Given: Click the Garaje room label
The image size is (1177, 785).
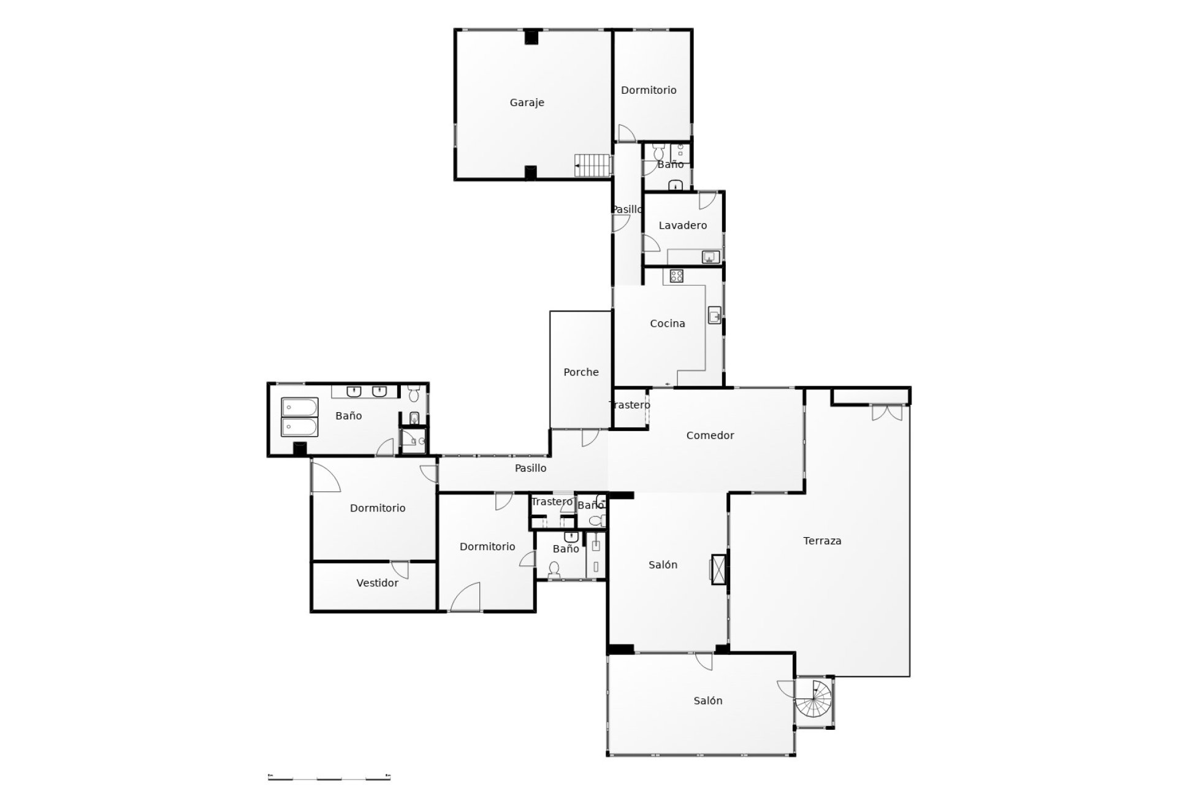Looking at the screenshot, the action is [527, 103].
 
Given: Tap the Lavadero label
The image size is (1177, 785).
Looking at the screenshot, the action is [682, 226].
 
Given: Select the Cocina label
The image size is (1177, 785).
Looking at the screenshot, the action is [668, 324].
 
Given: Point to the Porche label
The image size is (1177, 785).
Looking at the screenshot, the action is [581, 372].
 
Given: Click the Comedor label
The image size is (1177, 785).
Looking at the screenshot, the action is [710, 435].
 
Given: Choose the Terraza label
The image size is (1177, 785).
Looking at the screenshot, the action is [822, 541].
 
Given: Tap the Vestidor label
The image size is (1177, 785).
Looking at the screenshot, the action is [378, 583].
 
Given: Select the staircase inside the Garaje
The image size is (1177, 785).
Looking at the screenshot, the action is [593, 165].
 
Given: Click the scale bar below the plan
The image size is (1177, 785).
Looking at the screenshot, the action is [329, 777].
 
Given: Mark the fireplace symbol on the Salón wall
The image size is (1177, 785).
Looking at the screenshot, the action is [718, 569].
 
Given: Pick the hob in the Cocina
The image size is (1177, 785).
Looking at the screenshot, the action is [677, 277].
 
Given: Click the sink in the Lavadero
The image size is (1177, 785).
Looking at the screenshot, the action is [711, 257].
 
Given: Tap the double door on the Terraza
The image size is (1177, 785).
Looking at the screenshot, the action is [887, 412].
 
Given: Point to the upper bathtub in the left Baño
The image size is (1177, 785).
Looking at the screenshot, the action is [300, 407].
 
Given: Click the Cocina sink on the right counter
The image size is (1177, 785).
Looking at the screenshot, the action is [715, 315].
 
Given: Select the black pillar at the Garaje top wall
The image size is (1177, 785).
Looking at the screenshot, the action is [531, 37].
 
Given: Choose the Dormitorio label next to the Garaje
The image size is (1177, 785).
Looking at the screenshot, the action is [649, 90].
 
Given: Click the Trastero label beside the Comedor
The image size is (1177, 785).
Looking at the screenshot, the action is [630, 405].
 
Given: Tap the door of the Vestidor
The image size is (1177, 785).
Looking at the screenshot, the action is [400, 569].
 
